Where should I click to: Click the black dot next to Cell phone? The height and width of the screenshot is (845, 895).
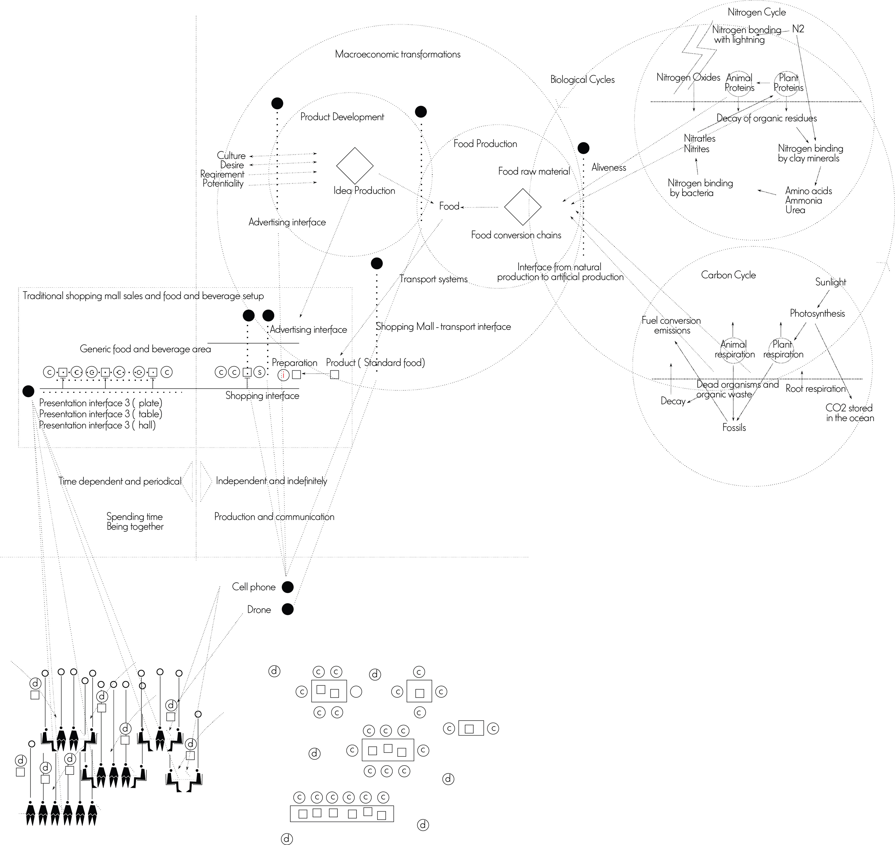[x=287, y=587]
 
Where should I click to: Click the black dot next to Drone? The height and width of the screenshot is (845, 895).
[x=287, y=610]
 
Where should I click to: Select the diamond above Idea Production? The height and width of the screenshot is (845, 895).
[x=355, y=166]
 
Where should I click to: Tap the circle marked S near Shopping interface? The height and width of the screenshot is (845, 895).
[x=259, y=372]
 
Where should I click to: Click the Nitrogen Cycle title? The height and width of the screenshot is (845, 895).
[x=757, y=12]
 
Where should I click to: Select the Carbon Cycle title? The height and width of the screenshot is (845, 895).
[x=728, y=275]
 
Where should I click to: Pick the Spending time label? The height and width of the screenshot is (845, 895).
[x=135, y=517]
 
